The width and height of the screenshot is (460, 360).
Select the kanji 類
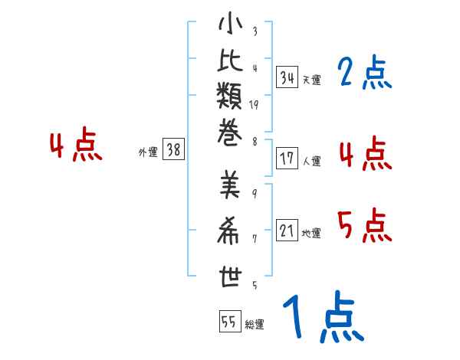[x=230, y=97]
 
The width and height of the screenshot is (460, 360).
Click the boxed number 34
[x=287, y=77]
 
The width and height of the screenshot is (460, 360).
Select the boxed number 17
[x=287, y=159]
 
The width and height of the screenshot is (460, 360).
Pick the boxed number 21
[x=287, y=231]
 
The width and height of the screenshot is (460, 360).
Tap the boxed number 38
[x=173, y=150]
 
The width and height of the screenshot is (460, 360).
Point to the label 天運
[x=311, y=79]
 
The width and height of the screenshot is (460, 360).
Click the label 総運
[x=255, y=324]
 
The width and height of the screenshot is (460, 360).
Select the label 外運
[x=148, y=152]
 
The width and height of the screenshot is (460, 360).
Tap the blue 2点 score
[x=364, y=74]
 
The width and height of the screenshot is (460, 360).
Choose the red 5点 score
[x=364, y=225]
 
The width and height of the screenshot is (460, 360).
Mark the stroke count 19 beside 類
[x=254, y=105]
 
